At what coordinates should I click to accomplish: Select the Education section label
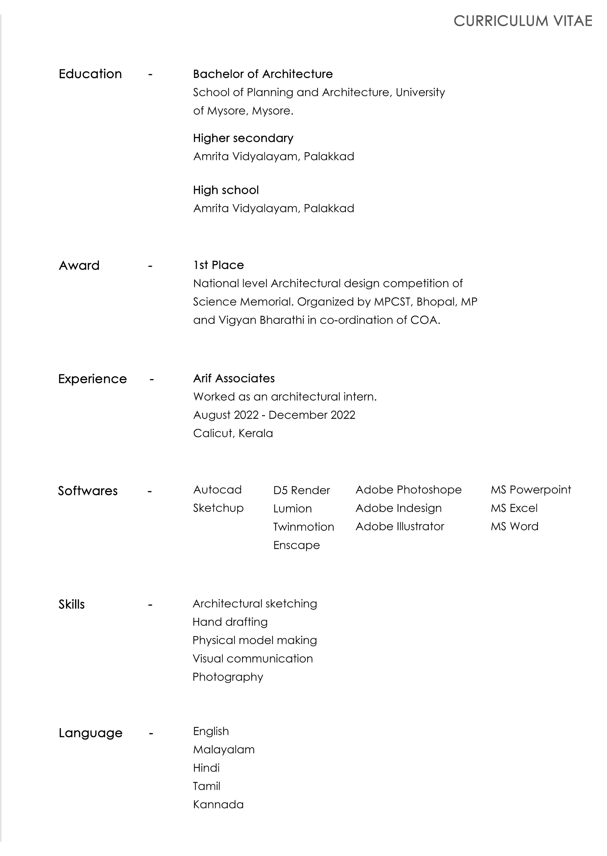(90, 74)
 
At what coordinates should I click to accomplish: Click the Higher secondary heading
(243, 138)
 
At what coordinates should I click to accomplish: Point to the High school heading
(226, 190)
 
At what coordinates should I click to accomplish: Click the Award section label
(79, 265)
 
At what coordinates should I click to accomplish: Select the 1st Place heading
(218, 265)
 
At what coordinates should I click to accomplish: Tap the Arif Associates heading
(234, 378)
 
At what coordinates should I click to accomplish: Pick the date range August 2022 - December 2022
(274, 415)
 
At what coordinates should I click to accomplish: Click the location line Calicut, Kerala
(233, 433)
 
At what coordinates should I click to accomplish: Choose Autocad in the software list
(217, 489)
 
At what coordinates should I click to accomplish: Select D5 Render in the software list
(301, 490)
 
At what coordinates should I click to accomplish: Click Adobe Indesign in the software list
(398, 508)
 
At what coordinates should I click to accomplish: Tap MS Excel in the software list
(514, 508)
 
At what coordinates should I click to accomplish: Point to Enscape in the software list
(296, 545)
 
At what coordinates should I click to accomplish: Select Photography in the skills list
(228, 677)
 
